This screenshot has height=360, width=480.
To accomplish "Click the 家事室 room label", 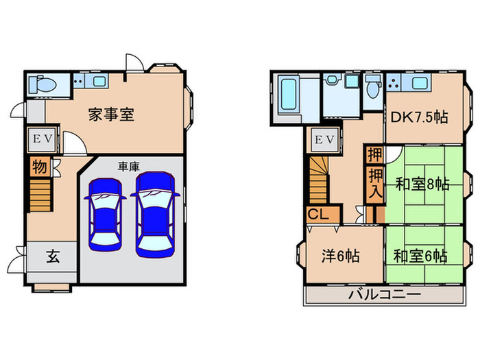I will click(x=110, y=115).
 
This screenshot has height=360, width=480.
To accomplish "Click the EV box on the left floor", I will click(x=38, y=141).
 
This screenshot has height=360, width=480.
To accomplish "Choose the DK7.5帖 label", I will click(x=420, y=117).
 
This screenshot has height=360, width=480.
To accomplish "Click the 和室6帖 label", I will click(x=420, y=256).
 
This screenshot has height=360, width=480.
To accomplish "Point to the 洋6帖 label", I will click(x=341, y=256).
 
